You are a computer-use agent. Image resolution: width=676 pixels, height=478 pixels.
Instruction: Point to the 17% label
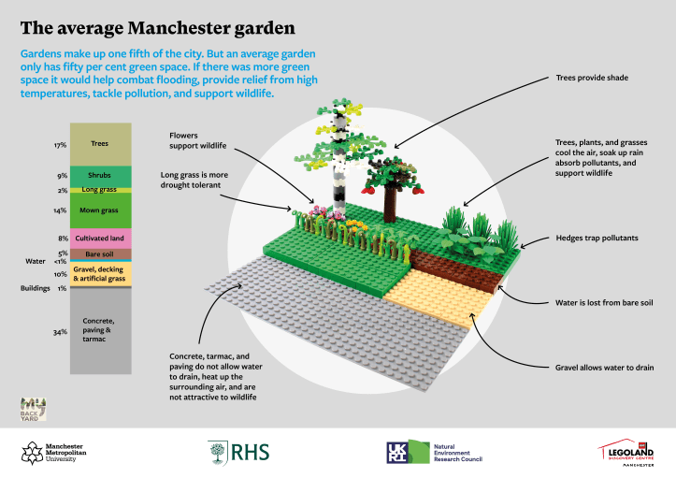coord(60,145)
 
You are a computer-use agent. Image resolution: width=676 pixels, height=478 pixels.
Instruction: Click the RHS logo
coord(238,452)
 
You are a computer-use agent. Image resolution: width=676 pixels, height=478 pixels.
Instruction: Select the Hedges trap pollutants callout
coord(597,239)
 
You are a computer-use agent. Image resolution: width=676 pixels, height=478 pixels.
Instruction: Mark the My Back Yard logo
coord(34,409)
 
